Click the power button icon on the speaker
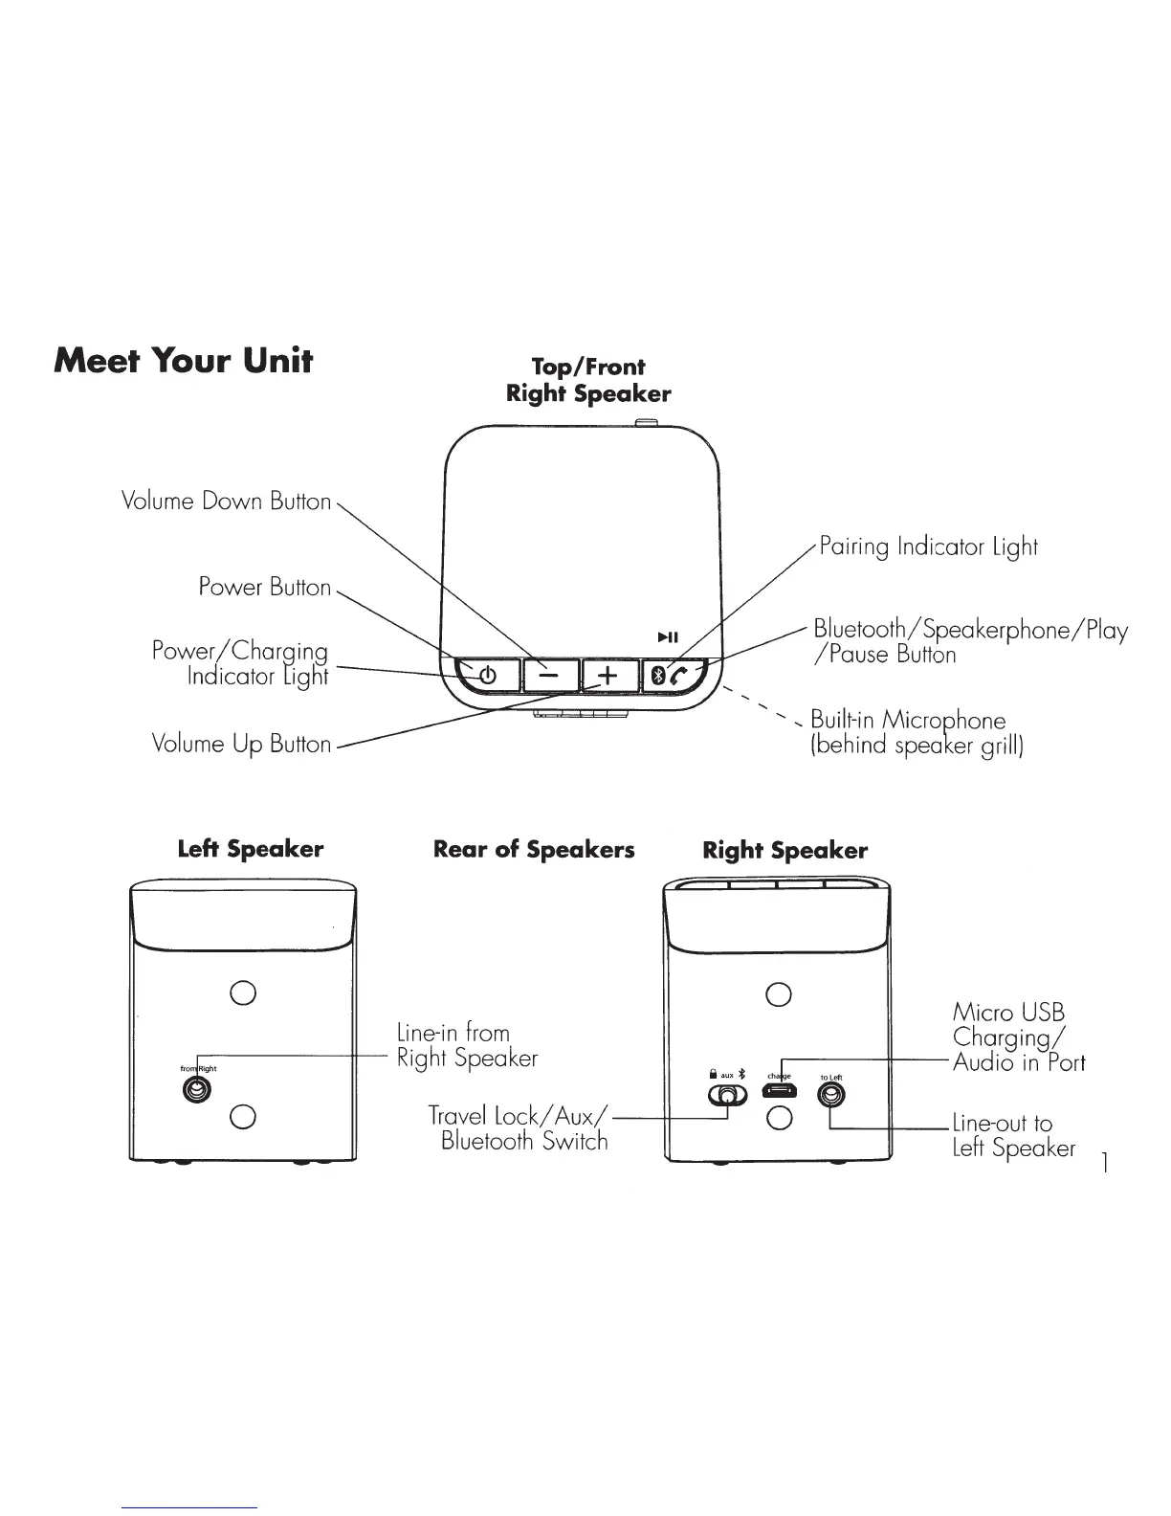click(487, 676)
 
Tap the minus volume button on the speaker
click(549, 676)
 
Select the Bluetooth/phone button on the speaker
click(672, 676)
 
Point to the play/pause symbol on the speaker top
click(668, 637)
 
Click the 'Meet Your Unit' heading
click(184, 361)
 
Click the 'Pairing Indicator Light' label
click(926, 547)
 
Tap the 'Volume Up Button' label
click(241, 744)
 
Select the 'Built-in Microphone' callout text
click(916, 733)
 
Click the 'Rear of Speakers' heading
click(534, 850)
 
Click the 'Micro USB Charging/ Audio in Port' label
click(1018, 1037)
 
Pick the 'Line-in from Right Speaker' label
click(467, 1045)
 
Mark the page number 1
click(1105, 1164)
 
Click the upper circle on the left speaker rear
click(243, 992)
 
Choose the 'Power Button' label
click(264, 587)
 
